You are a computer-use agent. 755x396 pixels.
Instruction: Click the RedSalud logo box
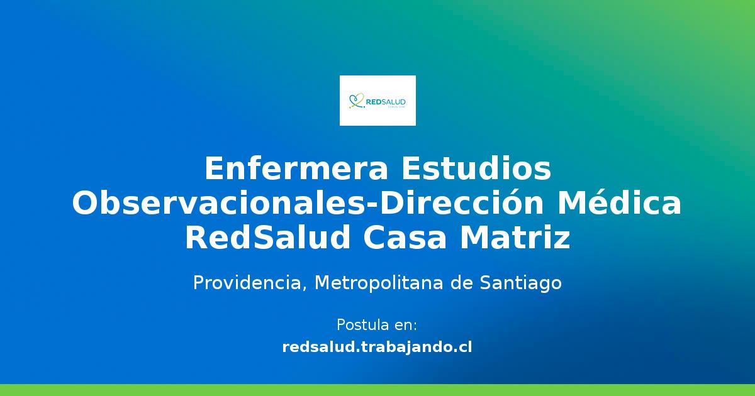377,101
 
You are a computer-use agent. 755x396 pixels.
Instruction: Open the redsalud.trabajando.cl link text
377,346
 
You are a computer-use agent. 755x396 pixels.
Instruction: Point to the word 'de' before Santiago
464,283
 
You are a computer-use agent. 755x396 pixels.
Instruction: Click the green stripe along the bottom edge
377,390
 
